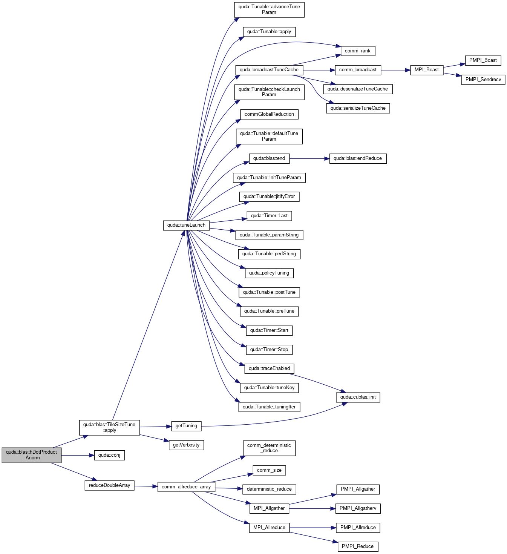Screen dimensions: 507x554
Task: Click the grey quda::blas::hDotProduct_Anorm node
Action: pyautogui.click(x=32, y=455)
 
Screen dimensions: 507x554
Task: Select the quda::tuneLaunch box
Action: pyautogui.click(x=186, y=226)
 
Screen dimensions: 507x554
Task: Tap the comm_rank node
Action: pyautogui.click(x=358, y=51)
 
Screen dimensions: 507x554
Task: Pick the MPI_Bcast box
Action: pyautogui.click(x=426, y=70)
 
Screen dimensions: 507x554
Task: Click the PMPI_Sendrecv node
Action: pyautogui.click(x=483, y=80)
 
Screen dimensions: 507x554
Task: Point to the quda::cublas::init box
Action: pyautogui.click(x=358, y=397)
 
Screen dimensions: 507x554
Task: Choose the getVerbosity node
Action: pyautogui.click(x=186, y=445)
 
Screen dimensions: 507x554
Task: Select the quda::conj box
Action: pyautogui.click(x=109, y=455)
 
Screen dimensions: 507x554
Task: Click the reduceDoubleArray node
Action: pyautogui.click(x=109, y=485)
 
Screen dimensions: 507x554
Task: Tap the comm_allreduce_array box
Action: pyautogui.click(x=186, y=486)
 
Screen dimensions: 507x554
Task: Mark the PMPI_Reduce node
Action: pyautogui.click(x=358, y=546)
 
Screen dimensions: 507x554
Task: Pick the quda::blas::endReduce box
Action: pyautogui.click(x=358, y=158)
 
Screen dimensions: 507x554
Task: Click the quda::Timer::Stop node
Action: pyautogui.click(x=269, y=350)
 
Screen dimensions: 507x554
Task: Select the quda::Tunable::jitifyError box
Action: pyautogui.click(x=269, y=196)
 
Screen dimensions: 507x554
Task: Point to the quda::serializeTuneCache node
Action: pyautogui.click(x=358, y=108)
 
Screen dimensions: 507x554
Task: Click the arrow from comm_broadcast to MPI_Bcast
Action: pyautogui.click(x=395, y=70)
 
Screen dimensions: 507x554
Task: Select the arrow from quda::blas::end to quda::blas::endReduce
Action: pyautogui.click(x=309, y=159)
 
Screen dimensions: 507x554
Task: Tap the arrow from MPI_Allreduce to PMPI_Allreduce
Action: pyautogui.click(x=312, y=528)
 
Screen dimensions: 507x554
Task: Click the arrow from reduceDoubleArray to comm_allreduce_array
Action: pyautogui.click(x=146, y=486)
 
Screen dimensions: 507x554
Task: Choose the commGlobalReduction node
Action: pyautogui.click(x=269, y=114)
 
